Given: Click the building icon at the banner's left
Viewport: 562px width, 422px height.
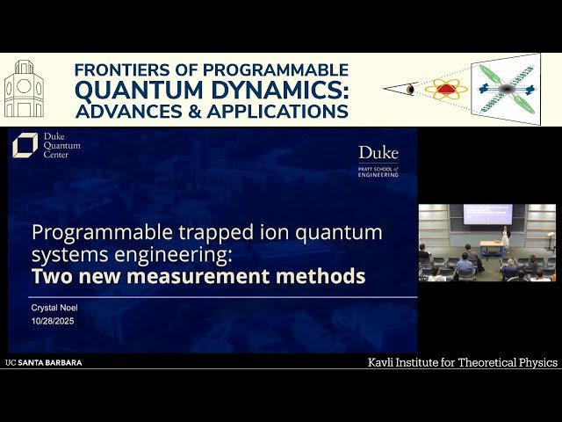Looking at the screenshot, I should pos(24,90).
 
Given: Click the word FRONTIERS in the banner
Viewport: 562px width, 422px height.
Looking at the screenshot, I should pos(122,70).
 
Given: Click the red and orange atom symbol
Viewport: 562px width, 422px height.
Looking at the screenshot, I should pos(446,89).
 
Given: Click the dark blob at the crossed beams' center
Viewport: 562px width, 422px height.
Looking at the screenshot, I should pos(508,89).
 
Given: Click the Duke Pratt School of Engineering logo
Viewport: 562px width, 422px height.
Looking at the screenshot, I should pos(378,160).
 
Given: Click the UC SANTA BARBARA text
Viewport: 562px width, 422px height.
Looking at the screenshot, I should pos(44,362).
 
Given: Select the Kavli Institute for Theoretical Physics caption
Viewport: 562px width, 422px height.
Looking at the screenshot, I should pos(462,362).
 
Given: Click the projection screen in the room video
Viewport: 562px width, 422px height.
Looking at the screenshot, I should pos(487,214).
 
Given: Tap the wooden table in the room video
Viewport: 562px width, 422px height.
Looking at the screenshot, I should pos(491,247).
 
